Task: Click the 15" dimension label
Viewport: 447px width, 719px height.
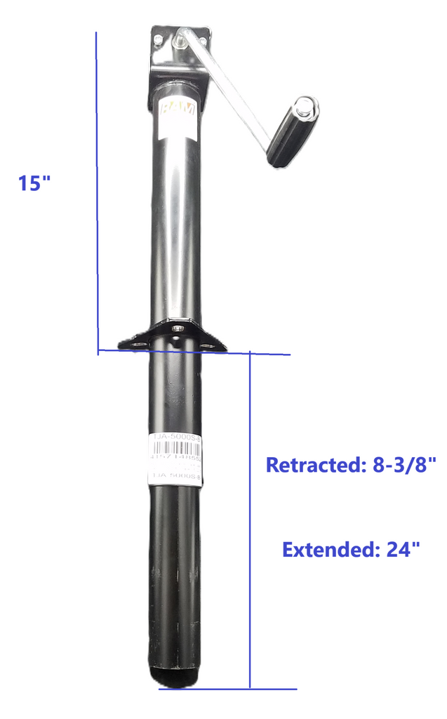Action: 35,183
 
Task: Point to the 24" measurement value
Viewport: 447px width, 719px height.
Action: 403,549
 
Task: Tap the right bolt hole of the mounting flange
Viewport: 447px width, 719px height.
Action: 208,344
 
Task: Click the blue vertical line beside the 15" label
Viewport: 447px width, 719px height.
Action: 96,190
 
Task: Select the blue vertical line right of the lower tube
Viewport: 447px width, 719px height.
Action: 250,520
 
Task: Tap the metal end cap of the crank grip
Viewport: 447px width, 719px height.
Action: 305,107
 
